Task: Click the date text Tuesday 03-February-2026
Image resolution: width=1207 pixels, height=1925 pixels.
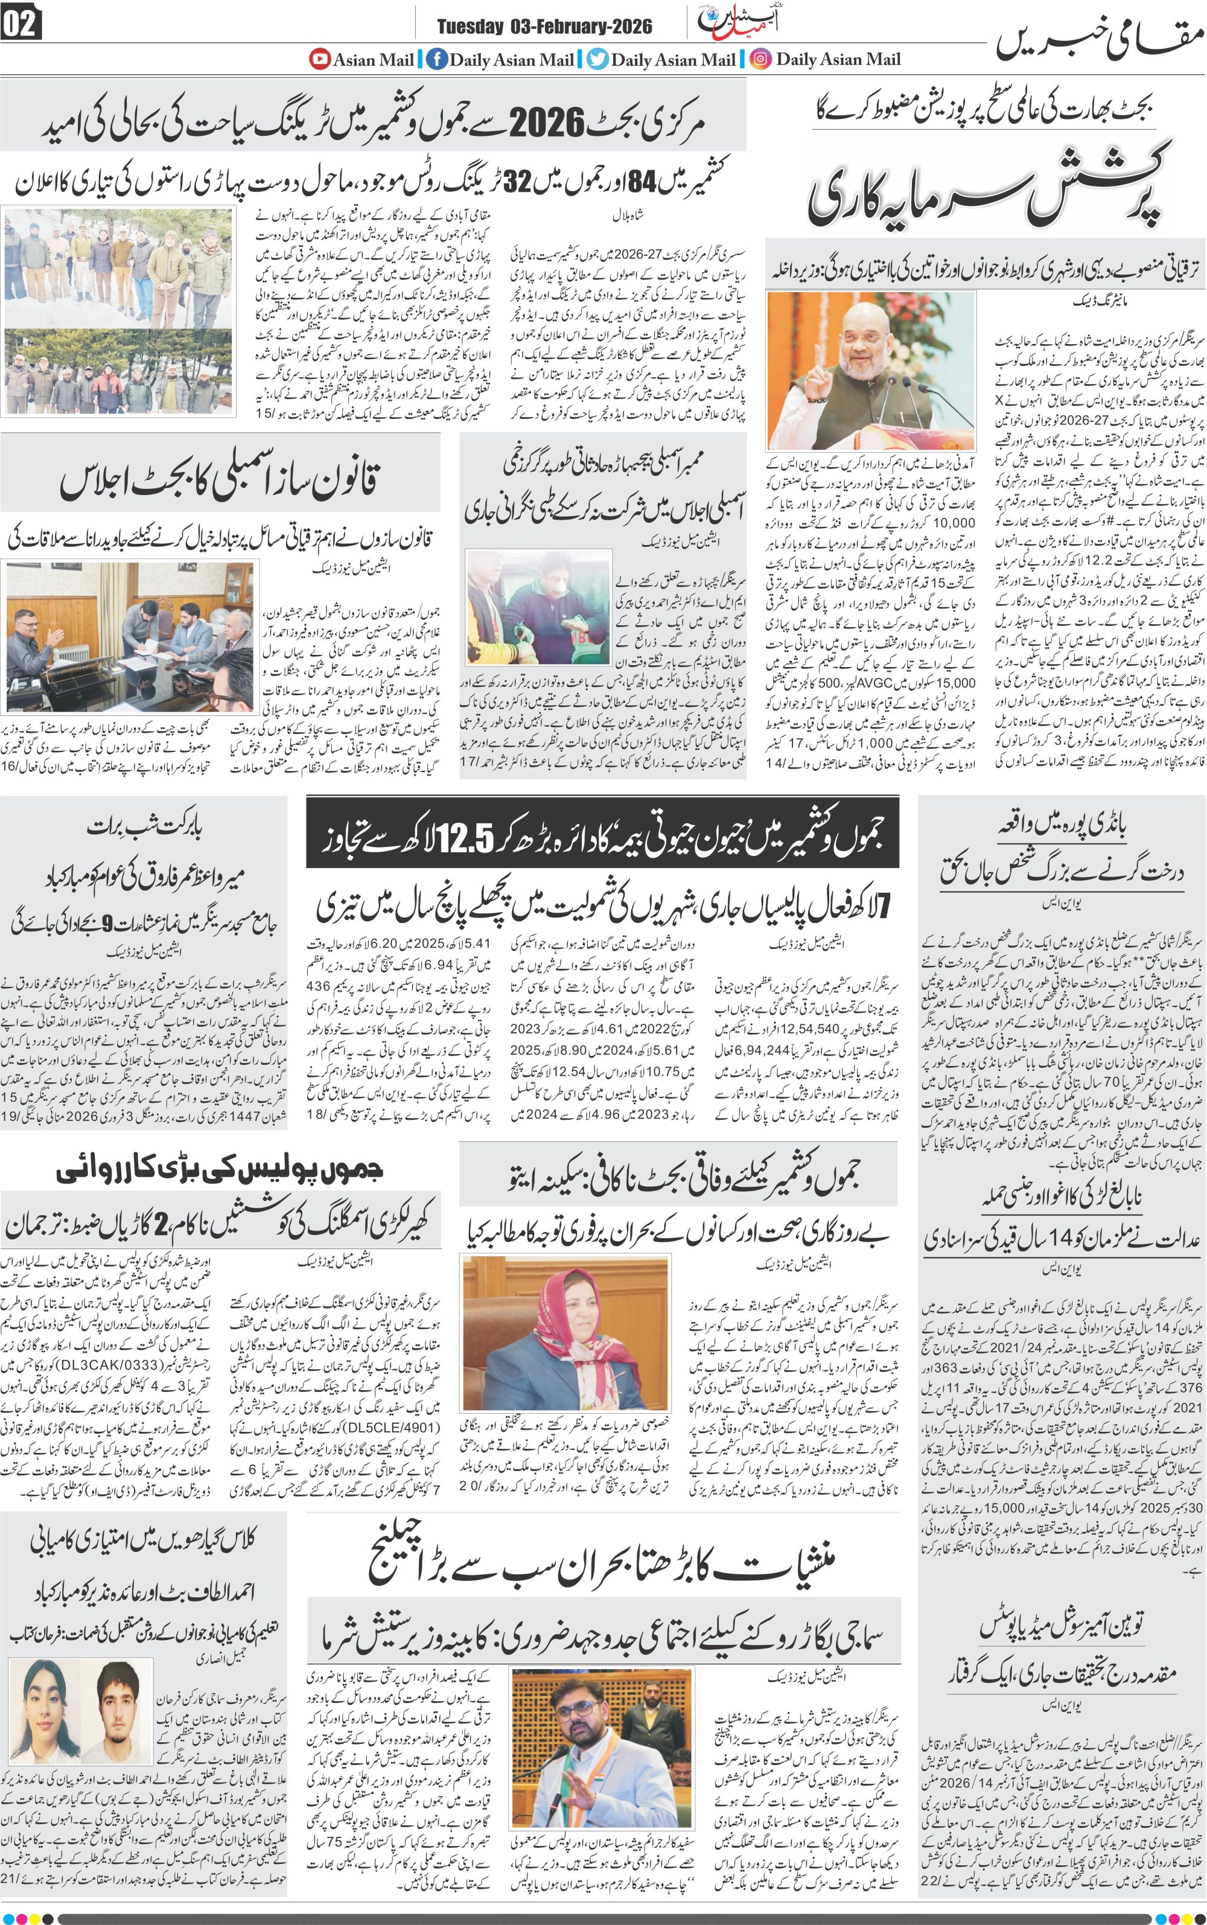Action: click(x=544, y=27)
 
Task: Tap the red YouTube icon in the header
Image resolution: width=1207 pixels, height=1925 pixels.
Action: click(x=319, y=59)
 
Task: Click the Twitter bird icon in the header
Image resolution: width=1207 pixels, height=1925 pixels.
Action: click(x=597, y=59)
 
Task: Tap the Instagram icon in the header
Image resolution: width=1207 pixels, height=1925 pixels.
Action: click(x=761, y=59)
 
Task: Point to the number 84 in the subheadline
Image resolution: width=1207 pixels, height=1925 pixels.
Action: click(x=636, y=182)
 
